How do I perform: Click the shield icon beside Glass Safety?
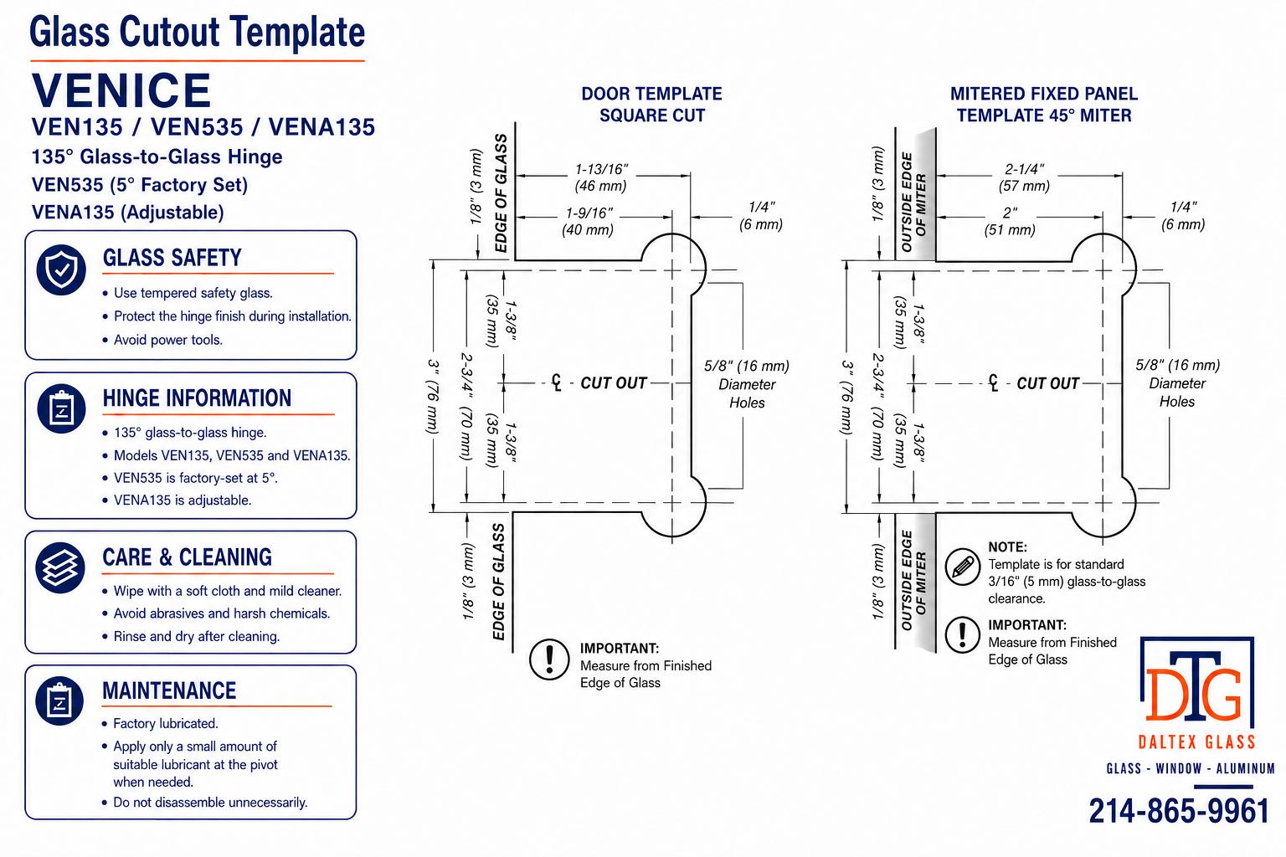tap(61, 269)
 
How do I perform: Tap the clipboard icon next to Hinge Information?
tap(61, 408)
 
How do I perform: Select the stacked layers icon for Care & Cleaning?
tap(60, 567)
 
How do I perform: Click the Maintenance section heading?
tap(169, 690)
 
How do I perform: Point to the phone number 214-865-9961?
tap(1179, 811)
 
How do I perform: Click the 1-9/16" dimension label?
tap(589, 213)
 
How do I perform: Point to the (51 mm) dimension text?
tap(1010, 230)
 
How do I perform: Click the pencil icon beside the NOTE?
tap(963, 567)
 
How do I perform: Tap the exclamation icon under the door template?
tap(549, 659)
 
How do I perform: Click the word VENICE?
tap(121, 90)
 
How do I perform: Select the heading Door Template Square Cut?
tap(651, 105)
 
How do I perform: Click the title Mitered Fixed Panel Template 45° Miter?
tap(1044, 105)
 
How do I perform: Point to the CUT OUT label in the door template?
tap(613, 382)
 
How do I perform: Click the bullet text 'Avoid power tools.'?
tap(168, 340)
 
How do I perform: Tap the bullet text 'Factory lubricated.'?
tap(165, 723)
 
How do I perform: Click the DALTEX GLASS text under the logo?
tap(1197, 742)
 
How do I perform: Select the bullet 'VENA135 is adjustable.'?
tap(183, 500)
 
